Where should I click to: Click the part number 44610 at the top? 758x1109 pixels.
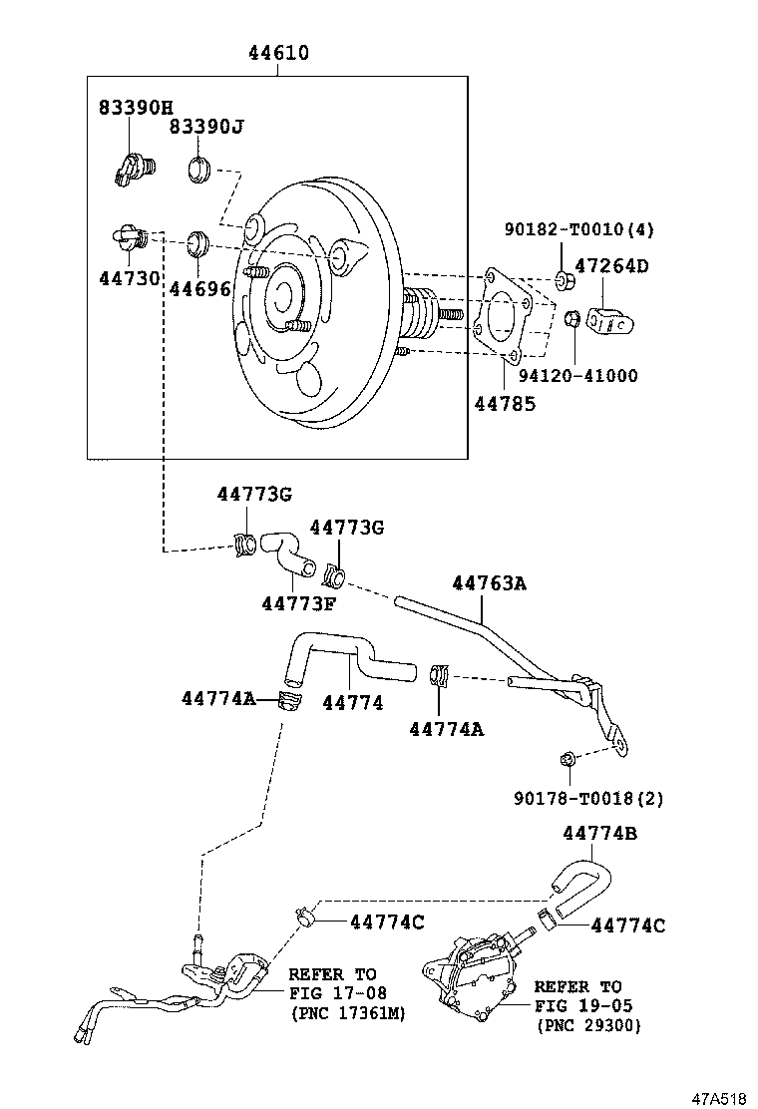point(278,54)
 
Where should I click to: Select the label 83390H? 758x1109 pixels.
point(136,107)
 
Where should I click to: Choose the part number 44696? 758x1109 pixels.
point(199,289)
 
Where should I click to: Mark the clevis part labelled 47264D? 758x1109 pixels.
point(608,320)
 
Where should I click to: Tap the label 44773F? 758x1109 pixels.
point(299,603)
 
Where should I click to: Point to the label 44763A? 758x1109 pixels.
point(489,583)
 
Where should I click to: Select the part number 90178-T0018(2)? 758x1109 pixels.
point(588,798)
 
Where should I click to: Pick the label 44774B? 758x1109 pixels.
point(599,833)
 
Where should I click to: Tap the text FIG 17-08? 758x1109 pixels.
point(332,993)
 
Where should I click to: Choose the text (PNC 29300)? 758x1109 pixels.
point(588,1025)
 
